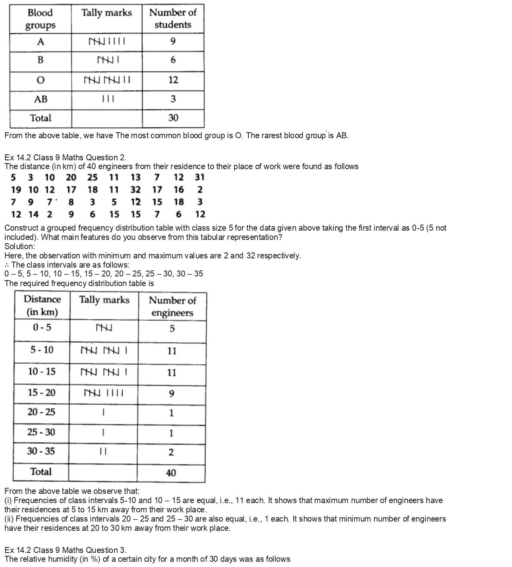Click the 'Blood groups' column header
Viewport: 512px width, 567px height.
40,19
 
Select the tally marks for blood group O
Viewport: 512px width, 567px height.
107,80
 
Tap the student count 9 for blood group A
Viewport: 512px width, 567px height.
173,41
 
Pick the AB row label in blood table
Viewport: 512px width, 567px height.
41,99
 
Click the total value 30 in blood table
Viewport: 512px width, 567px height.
173,118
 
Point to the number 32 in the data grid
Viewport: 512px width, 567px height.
136,190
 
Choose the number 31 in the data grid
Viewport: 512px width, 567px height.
199,177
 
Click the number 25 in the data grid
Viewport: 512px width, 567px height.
92,177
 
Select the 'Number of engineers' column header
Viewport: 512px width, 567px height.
172,306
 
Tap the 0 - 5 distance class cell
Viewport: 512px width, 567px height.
42,328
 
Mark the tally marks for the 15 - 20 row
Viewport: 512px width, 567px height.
104,393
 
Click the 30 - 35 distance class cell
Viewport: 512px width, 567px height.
41,451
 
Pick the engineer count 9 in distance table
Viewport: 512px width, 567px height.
172,393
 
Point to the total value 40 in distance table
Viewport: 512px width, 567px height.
171,473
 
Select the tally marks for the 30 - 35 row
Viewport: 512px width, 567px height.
103,452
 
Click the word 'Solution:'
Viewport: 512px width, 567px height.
20,246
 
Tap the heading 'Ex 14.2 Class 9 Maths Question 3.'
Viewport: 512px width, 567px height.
65,550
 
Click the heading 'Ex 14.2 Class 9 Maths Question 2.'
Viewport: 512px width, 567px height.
65,157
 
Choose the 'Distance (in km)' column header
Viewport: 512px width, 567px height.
42,305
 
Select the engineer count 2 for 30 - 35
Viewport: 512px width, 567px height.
171,452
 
